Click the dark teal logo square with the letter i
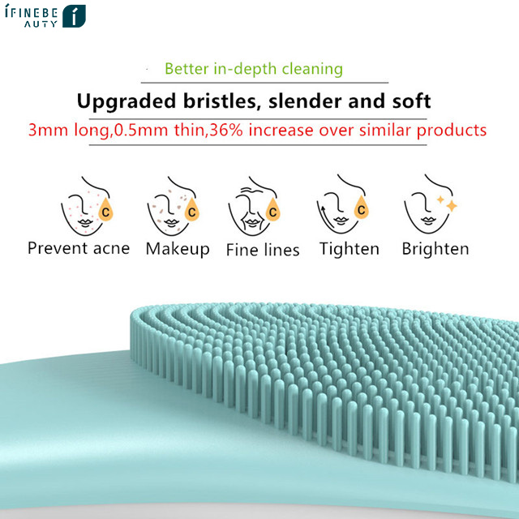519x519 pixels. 74,16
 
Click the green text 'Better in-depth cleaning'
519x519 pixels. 254,69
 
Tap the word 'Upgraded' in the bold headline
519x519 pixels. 127,101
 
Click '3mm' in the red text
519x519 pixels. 48,130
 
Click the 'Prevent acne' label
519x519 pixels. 79,248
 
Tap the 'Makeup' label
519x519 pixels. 178,249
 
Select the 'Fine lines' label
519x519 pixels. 263,250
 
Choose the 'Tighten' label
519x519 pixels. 350,249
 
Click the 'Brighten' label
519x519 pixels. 435,249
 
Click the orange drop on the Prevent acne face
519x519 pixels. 106,210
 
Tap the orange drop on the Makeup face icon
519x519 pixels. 192,210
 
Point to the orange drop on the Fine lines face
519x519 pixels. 273,210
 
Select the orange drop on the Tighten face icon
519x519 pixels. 361,208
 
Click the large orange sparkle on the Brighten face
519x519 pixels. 452,206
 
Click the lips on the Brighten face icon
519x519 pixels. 428,221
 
